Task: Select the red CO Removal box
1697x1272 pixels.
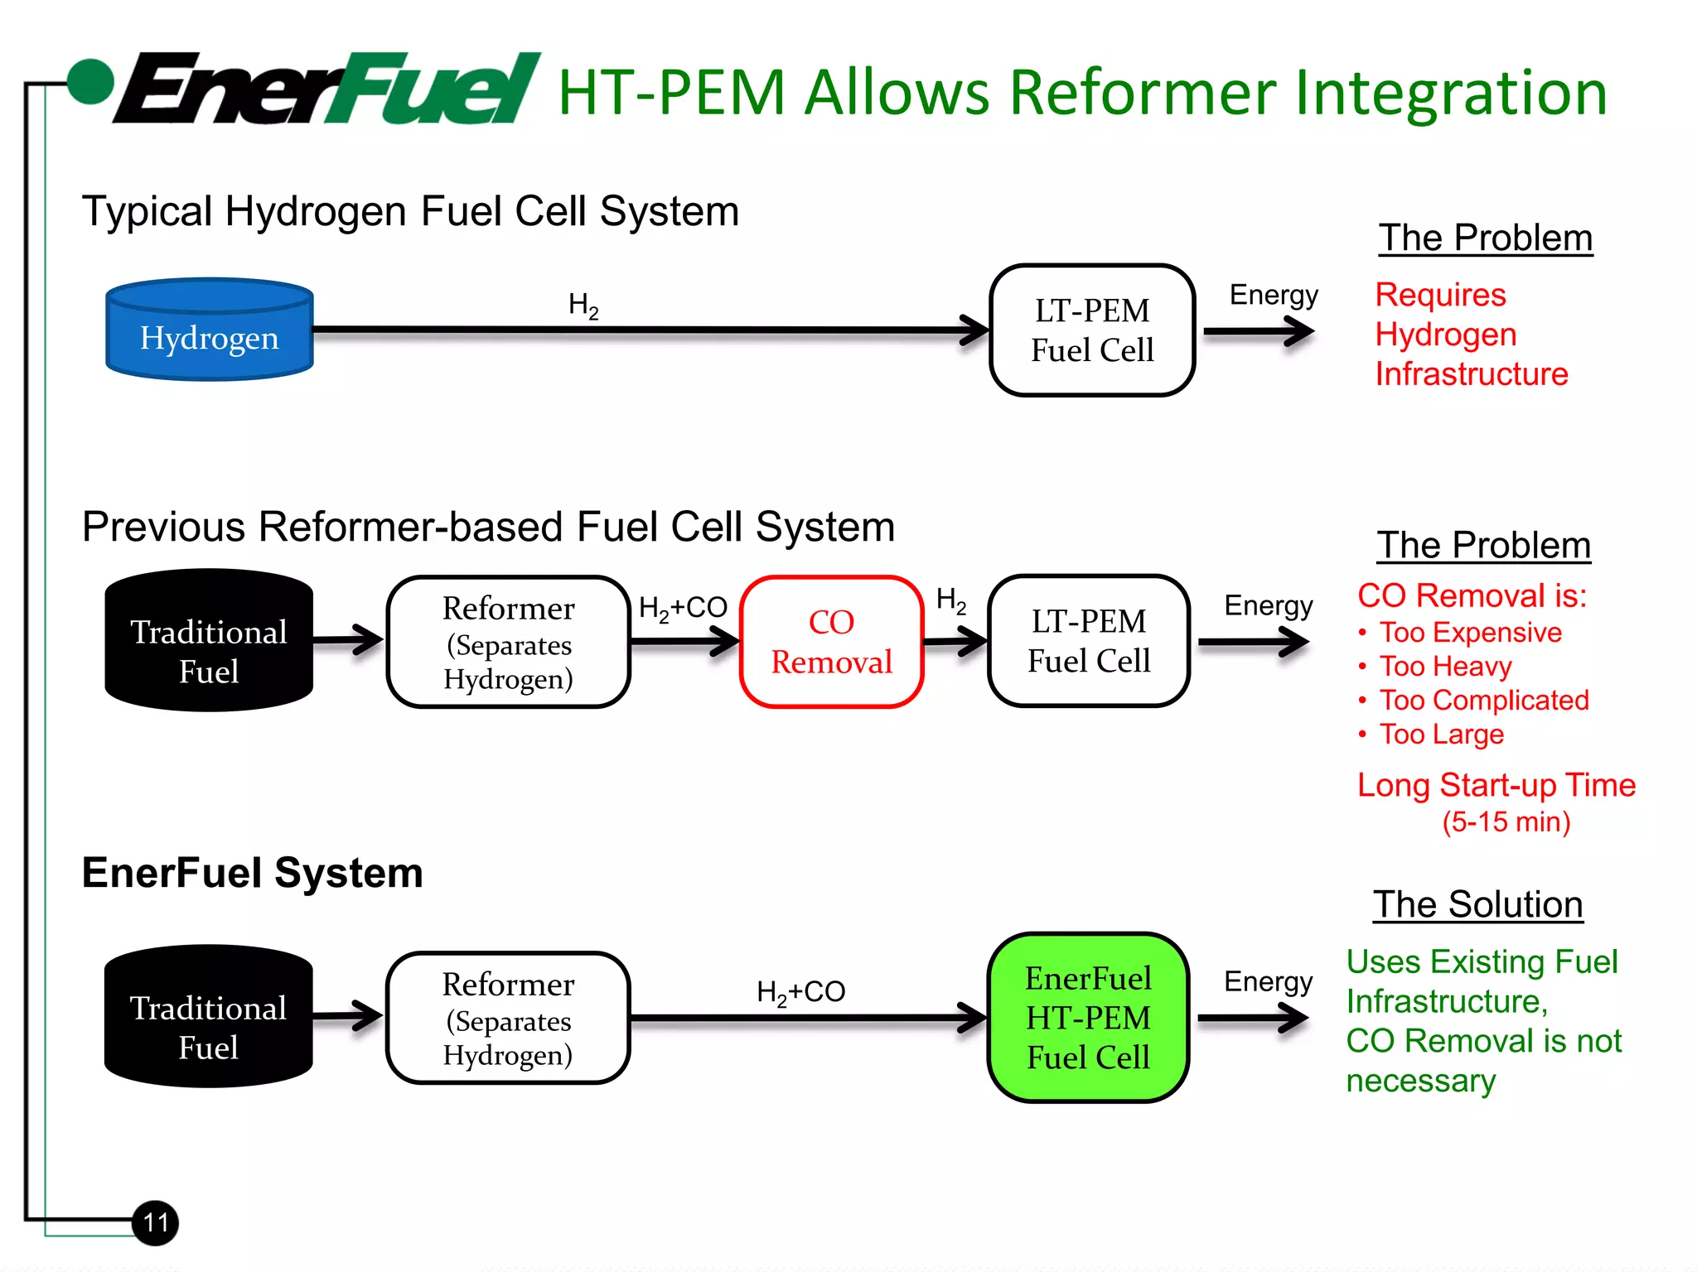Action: tap(831, 642)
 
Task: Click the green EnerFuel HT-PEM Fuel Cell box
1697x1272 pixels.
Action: tap(1088, 1018)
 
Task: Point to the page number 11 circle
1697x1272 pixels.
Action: tap(156, 1222)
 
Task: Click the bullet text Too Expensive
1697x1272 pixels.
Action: tap(1470, 633)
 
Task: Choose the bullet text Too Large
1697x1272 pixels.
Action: tap(1441, 735)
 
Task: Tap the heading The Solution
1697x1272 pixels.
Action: tap(1477, 904)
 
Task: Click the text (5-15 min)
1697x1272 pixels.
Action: tap(1506, 822)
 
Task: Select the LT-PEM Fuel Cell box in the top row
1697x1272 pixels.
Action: tap(1092, 330)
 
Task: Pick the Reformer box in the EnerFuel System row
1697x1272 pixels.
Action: tap(508, 1018)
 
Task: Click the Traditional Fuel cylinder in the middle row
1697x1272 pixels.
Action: tap(209, 641)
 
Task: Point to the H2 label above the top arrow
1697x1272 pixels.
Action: tap(583, 306)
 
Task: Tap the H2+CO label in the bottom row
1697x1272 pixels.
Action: tap(800, 992)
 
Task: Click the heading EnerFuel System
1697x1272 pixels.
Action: tap(252, 873)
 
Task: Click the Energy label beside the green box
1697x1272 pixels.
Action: tap(1268, 982)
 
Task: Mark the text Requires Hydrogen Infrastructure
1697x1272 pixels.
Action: tap(1471, 335)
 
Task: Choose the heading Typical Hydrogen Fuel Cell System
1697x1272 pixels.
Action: tap(410, 211)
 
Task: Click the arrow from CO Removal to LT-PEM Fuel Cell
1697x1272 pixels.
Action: tap(955, 642)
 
